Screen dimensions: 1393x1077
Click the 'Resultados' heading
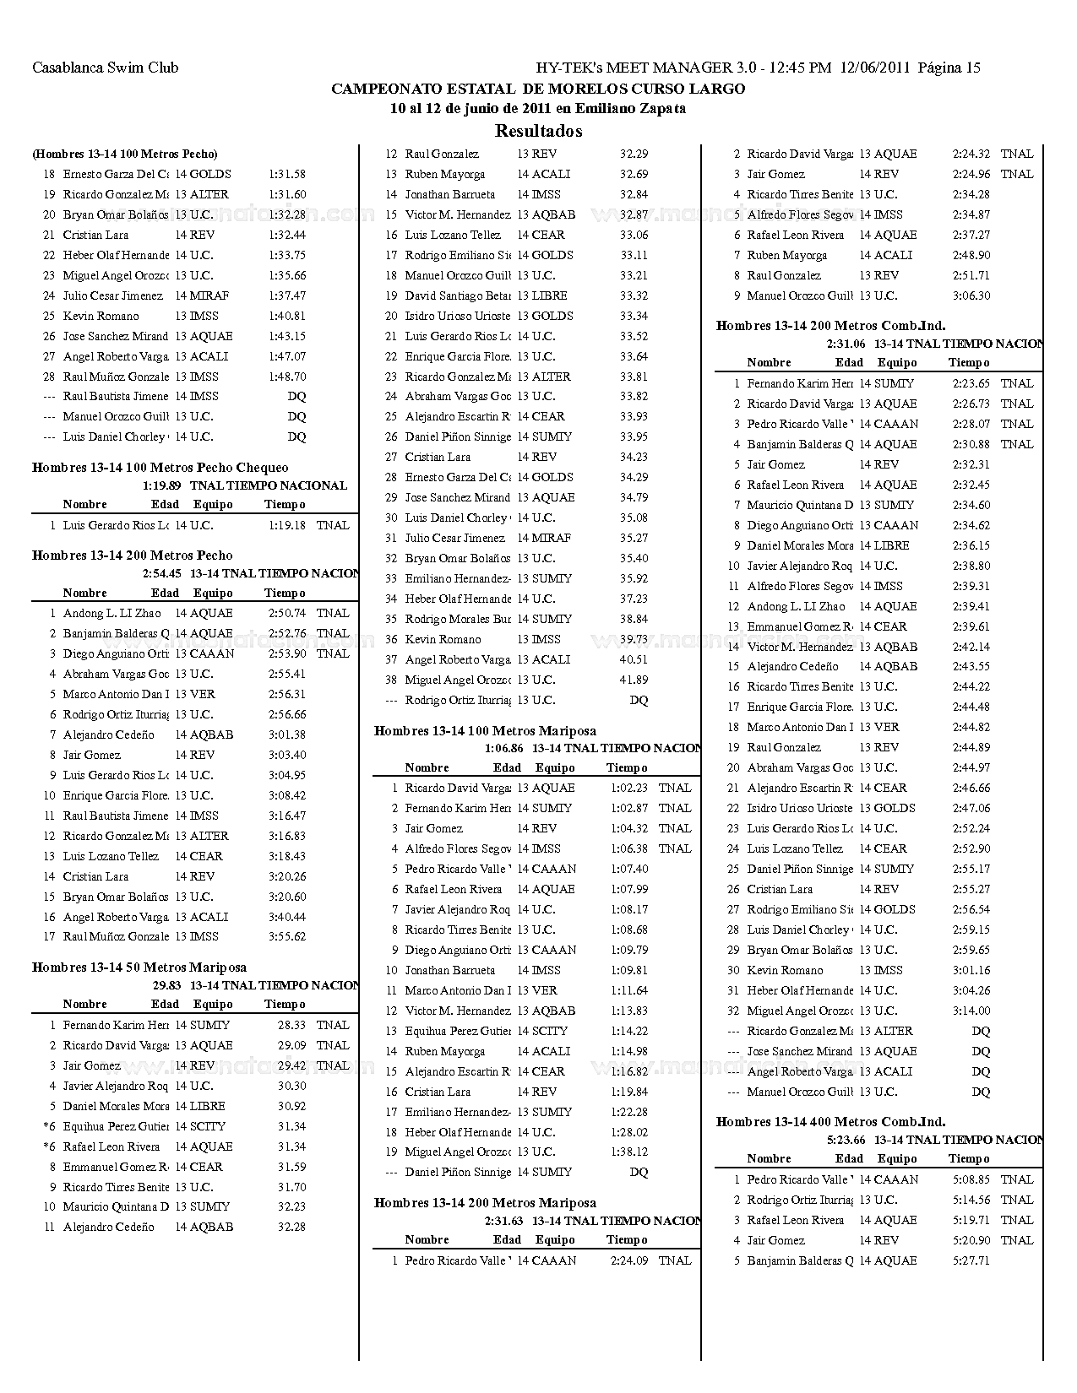coord(538,131)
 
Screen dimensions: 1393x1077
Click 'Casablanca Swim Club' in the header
coord(105,68)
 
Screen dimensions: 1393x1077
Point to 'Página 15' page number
coord(949,68)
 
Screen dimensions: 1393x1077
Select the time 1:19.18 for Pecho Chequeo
coord(287,525)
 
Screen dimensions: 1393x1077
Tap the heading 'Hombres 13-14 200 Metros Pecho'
coord(133,556)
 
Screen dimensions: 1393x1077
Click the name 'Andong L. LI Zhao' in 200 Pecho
coord(112,613)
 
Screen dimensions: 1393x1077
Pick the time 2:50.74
coord(287,613)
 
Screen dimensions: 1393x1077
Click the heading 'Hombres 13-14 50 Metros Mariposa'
coord(139,968)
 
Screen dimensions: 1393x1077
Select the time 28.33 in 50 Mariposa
coord(291,1025)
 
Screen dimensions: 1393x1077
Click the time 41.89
coord(634,680)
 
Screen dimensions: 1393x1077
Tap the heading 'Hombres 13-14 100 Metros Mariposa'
coord(485,731)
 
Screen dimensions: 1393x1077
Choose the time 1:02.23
coord(629,788)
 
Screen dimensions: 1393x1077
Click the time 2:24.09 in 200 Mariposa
coord(629,1260)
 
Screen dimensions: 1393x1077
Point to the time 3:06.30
coord(971,295)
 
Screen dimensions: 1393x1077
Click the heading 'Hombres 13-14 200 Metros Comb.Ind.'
coord(830,326)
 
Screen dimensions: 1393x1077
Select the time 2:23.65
coord(971,383)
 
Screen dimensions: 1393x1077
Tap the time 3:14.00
coord(971,1011)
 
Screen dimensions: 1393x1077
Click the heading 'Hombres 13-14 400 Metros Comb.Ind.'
coord(830,1122)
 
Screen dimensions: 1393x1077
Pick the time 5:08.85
coord(971,1179)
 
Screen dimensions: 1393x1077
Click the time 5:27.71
coord(971,1260)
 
